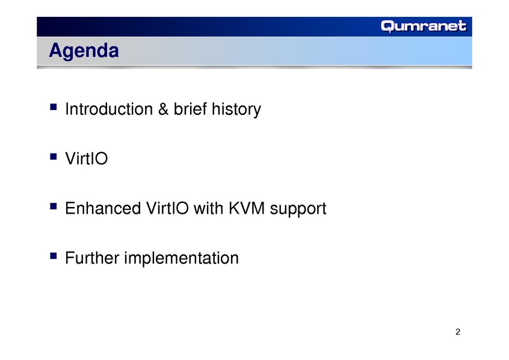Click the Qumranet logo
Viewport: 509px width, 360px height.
coord(424,26)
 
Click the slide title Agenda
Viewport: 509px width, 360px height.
coord(84,51)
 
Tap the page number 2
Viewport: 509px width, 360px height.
coord(458,332)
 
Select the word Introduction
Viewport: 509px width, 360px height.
coord(109,109)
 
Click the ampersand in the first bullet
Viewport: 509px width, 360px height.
coord(163,109)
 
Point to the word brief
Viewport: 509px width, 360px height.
coord(190,109)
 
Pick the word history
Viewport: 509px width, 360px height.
coord(236,110)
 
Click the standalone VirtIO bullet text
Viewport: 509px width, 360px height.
coord(87,158)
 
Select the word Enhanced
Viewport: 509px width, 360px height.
coord(103,208)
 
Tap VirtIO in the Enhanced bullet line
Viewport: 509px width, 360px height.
coord(167,208)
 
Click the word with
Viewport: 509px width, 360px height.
coord(209,208)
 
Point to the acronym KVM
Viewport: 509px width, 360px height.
coord(247,208)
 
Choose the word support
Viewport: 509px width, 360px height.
coord(298,209)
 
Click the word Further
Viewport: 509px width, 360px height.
coord(92,258)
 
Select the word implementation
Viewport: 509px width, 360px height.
coord(182,259)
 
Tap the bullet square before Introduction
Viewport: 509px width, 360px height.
coord(54,107)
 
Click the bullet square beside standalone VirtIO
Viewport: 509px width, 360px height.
coord(54,157)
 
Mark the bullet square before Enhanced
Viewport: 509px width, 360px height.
coord(54,206)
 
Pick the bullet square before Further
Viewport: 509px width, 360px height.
coord(54,256)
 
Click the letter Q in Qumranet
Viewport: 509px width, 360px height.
coord(387,26)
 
